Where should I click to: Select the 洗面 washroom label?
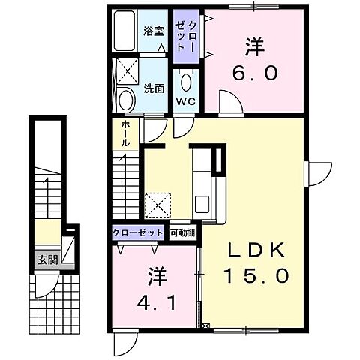click(154, 87)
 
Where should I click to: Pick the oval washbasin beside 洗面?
click(126, 100)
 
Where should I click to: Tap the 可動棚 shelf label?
click(181, 233)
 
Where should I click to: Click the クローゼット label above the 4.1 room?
click(139, 233)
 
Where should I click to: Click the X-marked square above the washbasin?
click(124, 72)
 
